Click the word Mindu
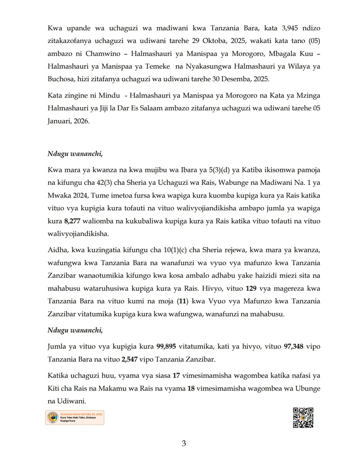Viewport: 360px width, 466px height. pos(109,96)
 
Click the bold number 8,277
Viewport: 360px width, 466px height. pos(72,221)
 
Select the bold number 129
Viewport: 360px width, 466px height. pos(251,288)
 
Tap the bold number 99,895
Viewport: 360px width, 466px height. pos(166,346)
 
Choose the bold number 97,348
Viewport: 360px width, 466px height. pos(293,346)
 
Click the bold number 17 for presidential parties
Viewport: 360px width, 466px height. pos(176,376)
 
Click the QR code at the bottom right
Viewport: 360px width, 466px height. pos(303,417)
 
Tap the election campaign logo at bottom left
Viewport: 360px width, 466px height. pos(75,417)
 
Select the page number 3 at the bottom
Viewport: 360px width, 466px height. pos(184,443)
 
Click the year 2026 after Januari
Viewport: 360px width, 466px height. pos(81,121)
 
